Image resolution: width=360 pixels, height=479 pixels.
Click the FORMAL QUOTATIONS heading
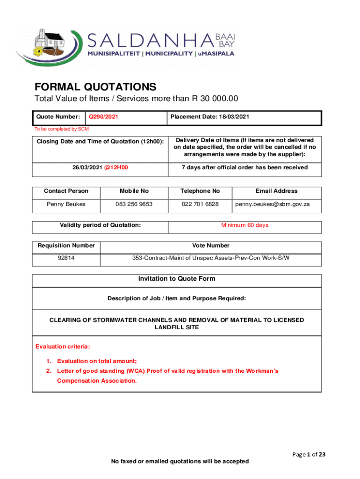coord(95,87)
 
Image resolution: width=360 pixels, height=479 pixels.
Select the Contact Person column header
coord(66,191)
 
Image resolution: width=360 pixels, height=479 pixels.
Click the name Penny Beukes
coord(66,204)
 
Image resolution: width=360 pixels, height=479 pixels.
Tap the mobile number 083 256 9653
coord(134,204)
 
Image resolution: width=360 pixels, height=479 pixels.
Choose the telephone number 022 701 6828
coord(200,204)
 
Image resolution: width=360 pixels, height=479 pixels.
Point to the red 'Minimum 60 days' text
coord(245,225)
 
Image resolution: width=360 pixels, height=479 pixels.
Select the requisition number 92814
coord(66,258)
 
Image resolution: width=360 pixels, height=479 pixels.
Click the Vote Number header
coord(211,246)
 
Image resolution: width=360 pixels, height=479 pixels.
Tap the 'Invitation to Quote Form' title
coord(177,279)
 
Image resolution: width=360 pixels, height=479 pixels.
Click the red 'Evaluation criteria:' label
coord(63,347)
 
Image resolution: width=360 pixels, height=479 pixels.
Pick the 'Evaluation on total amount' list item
coord(97,361)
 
